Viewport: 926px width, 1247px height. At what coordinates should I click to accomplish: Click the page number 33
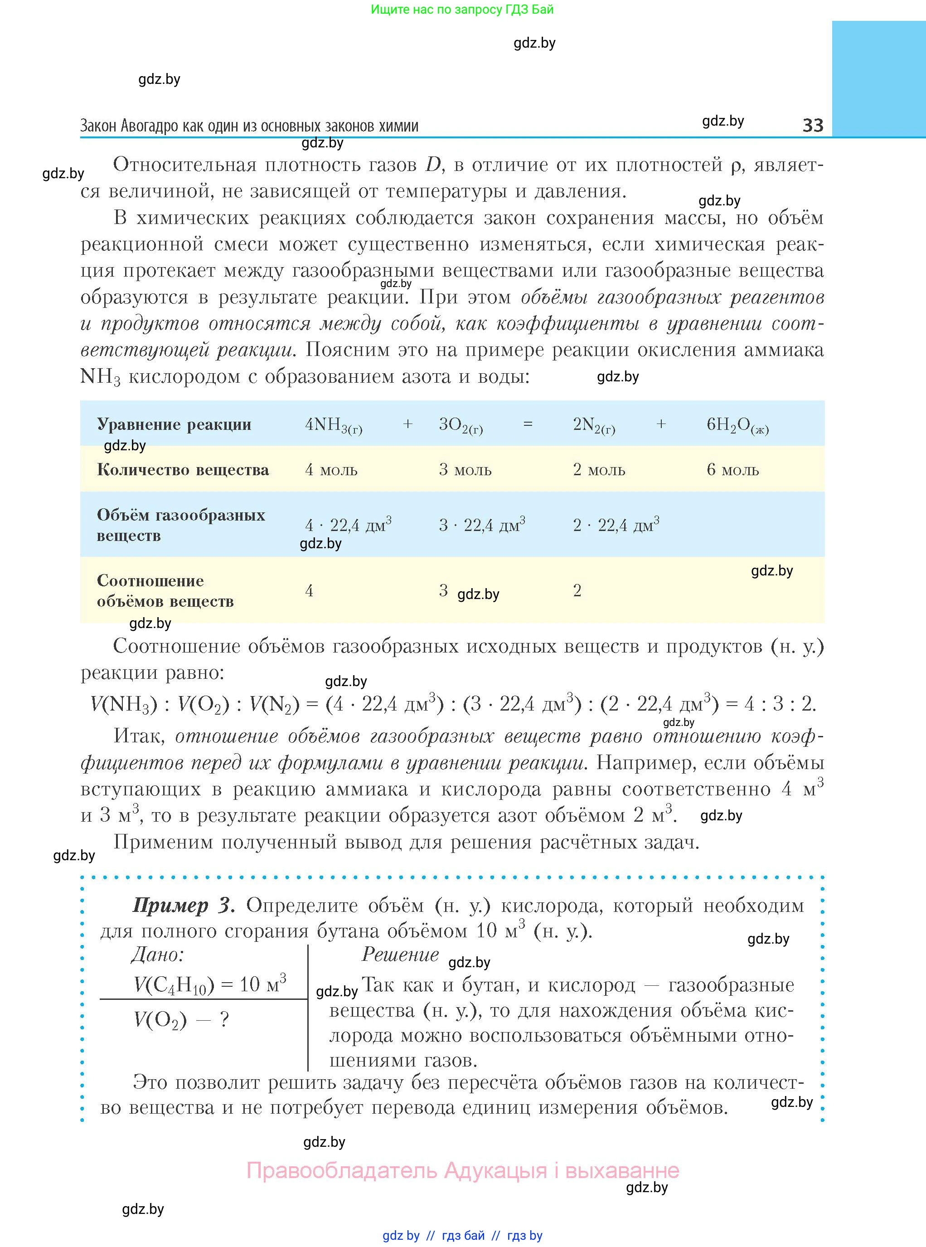(x=813, y=125)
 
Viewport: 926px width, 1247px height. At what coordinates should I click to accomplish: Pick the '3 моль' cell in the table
(x=465, y=469)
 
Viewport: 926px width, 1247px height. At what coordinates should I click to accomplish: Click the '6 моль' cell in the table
(x=732, y=469)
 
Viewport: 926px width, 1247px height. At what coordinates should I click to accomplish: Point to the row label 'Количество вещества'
(x=183, y=469)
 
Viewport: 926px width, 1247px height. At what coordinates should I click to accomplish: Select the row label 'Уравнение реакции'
(x=174, y=424)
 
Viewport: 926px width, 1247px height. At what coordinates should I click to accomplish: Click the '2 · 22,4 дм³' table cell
(x=616, y=524)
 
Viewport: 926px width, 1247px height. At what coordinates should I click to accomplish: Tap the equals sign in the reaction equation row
(x=528, y=424)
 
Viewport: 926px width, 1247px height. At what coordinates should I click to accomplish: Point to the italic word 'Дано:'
(x=158, y=955)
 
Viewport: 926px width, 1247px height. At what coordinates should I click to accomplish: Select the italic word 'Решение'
(x=400, y=955)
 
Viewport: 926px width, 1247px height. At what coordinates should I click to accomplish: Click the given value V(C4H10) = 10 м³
(x=210, y=984)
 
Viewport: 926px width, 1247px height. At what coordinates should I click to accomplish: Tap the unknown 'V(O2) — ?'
(x=181, y=1020)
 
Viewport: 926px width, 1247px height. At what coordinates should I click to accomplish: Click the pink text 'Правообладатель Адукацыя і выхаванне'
(x=462, y=1171)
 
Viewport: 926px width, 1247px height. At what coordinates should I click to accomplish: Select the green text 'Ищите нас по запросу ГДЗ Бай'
(x=462, y=10)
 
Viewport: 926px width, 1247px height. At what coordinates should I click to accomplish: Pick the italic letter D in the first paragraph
(x=433, y=165)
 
